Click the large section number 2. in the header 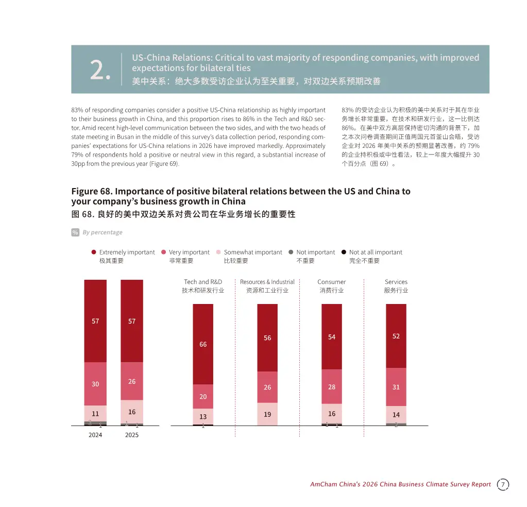click(100, 70)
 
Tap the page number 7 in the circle click(503, 484)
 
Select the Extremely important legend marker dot click(94, 252)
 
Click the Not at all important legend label click(375, 252)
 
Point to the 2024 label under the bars click(95, 435)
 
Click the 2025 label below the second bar click(132, 435)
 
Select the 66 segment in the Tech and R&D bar click(203, 344)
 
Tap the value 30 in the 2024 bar click(95, 384)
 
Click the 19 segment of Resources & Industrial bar click(267, 414)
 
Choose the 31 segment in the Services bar click(396, 387)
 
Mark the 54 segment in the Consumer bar click(332, 337)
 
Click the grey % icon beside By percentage click(75, 232)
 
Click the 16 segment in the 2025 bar click(132, 412)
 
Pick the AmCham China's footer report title click(400, 484)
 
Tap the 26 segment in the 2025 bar click(132, 381)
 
